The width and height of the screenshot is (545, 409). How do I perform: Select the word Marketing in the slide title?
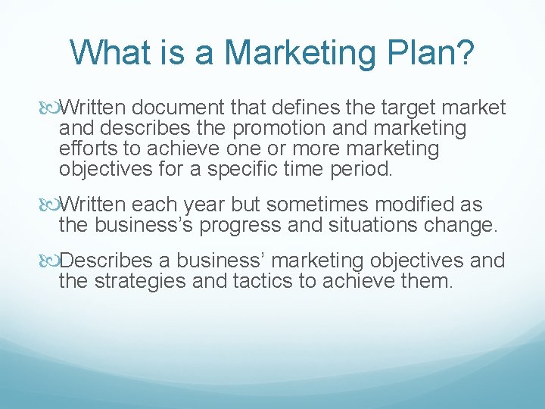[297, 52]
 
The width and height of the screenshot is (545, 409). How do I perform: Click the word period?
[362, 167]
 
